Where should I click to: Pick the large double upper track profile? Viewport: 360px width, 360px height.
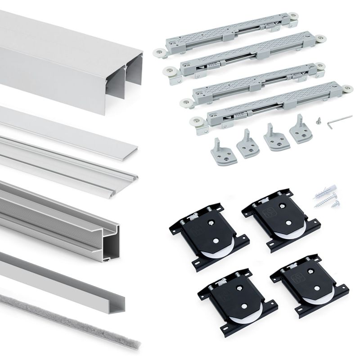[67, 58]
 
